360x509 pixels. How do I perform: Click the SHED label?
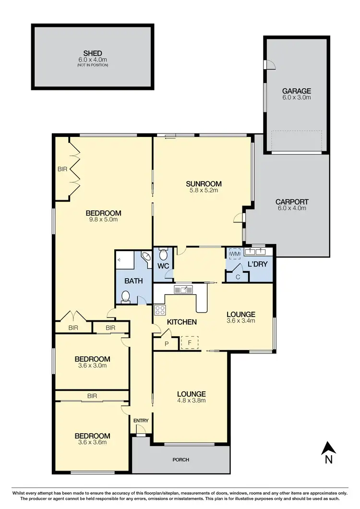point(92,54)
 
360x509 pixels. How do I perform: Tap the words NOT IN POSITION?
point(92,65)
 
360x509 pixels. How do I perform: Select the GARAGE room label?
point(296,91)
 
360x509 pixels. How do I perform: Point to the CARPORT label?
point(291,202)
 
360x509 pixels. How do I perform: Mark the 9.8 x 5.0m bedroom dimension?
point(103,220)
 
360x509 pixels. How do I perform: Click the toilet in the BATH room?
point(126,298)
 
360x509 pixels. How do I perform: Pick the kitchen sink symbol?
point(183,289)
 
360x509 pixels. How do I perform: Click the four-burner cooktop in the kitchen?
point(160,310)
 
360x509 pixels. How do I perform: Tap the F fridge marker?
point(189,343)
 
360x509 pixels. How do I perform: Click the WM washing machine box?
point(235,254)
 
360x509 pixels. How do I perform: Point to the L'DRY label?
point(257,265)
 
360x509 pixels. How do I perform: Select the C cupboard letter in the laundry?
point(238,277)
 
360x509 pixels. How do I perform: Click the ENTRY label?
point(141,421)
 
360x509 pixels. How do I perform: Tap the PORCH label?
point(181,460)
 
